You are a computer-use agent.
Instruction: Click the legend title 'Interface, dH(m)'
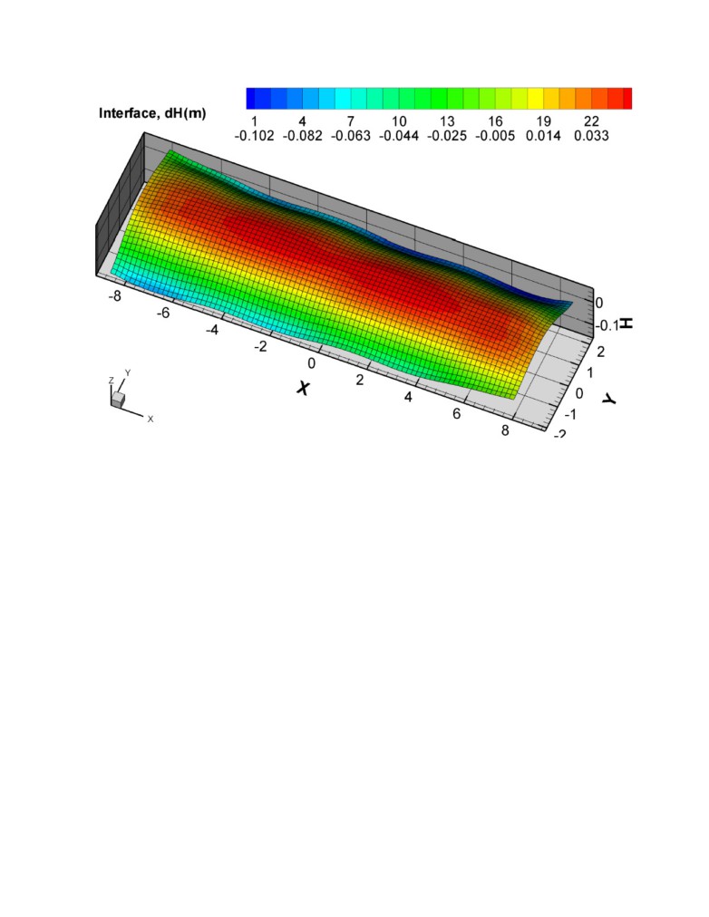[152, 113]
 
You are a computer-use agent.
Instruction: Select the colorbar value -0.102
[254, 136]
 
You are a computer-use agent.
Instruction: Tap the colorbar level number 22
[591, 121]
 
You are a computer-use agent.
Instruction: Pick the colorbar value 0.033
[591, 136]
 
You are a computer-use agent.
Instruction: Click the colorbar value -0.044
[398, 136]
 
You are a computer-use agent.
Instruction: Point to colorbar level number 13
[447, 121]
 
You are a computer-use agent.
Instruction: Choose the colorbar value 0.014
[543, 136]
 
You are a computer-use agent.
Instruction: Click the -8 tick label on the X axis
[114, 296]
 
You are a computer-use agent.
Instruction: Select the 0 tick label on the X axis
[311, 363]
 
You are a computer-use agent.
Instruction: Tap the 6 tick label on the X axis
[456, 413]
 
